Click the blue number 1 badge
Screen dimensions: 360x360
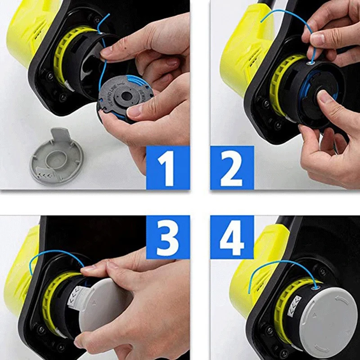click(x=167, y=167)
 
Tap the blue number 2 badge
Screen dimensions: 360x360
click(x=232, y=167)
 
